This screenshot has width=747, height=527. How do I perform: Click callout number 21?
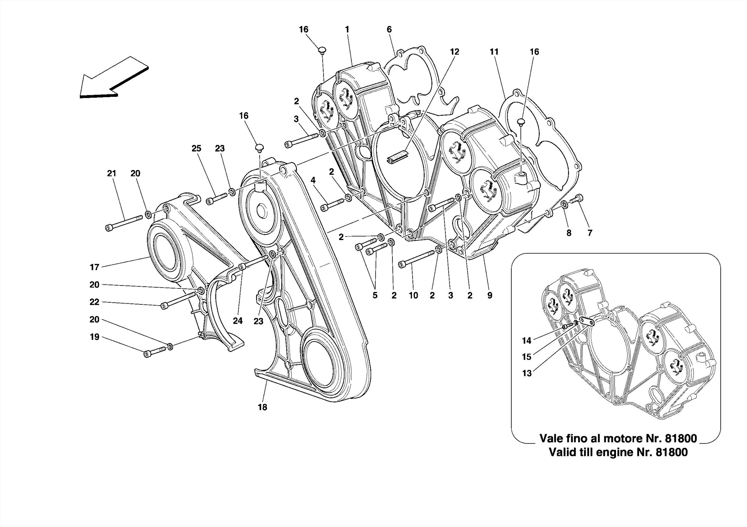point(112,174)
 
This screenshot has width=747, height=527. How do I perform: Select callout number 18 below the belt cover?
point(262,407)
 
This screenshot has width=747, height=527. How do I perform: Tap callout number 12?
point(454,52)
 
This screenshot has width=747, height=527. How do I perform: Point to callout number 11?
point(494,52)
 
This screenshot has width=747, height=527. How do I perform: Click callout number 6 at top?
point(389,30)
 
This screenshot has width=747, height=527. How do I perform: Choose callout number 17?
point(94,268)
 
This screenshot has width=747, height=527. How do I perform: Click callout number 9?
point(489,296)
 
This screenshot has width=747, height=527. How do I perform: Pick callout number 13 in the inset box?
point(527,374)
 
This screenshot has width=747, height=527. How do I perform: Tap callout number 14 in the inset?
point(526,341)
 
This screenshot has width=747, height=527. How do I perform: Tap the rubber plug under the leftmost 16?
point(260,148)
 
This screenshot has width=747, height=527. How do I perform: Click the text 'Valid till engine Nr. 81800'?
point(618,452)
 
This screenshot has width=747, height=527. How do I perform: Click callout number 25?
point(196,149)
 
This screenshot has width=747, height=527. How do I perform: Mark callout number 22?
point(94,302)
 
